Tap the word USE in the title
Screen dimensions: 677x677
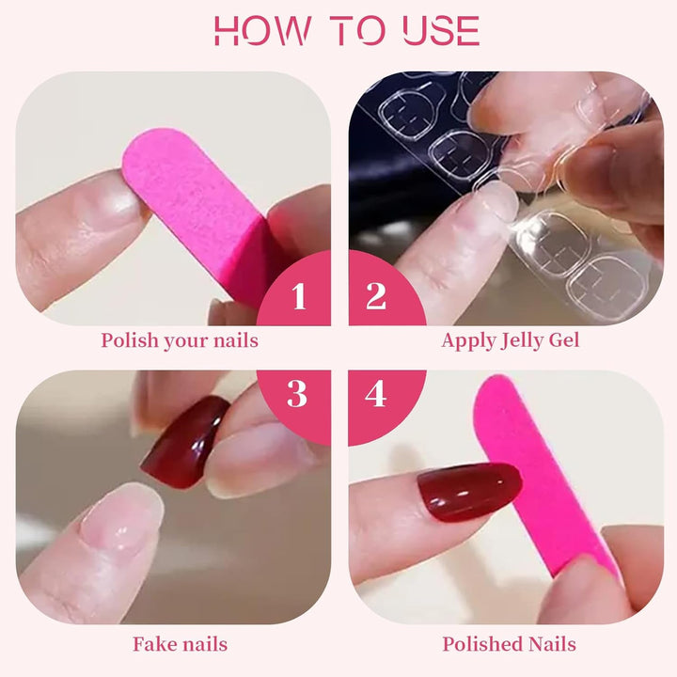pyautogui.click(x=441, y=30)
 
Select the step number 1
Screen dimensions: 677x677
pyautogui.click(x=299, y=296)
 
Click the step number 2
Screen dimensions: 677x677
pyautogui.click(x=375, y=296)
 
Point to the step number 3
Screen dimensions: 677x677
pyautogui.click(x=297, y=393)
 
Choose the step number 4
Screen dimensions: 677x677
pyautogui.click(x=375, y=394)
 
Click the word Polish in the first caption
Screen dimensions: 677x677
pyautogui.click(x=130, y=340)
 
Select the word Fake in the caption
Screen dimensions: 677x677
pyautogui.click(x=153, y=644)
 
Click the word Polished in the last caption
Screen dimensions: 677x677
pyautogui.click(x=482, y=644)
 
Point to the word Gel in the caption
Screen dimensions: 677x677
pyautogui.click(x=564, y=340)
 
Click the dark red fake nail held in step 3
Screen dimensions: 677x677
pyautogui.click(x=185, y=443)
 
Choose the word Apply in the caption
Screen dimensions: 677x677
pyautogui.click(x=468, y=341)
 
